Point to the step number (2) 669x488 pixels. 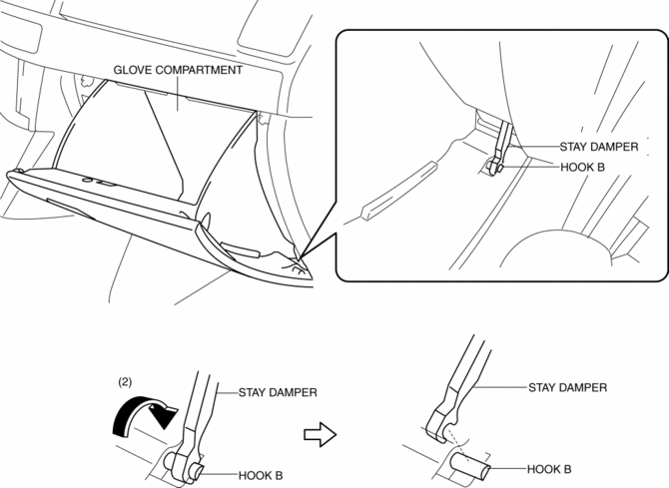click(126, 381)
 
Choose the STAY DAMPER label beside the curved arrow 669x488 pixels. click(278, 392)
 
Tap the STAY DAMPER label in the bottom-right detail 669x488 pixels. click(567, 386)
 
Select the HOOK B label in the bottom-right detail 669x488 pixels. click(549, 468)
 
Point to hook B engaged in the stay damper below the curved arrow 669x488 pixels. click(188, 461)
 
